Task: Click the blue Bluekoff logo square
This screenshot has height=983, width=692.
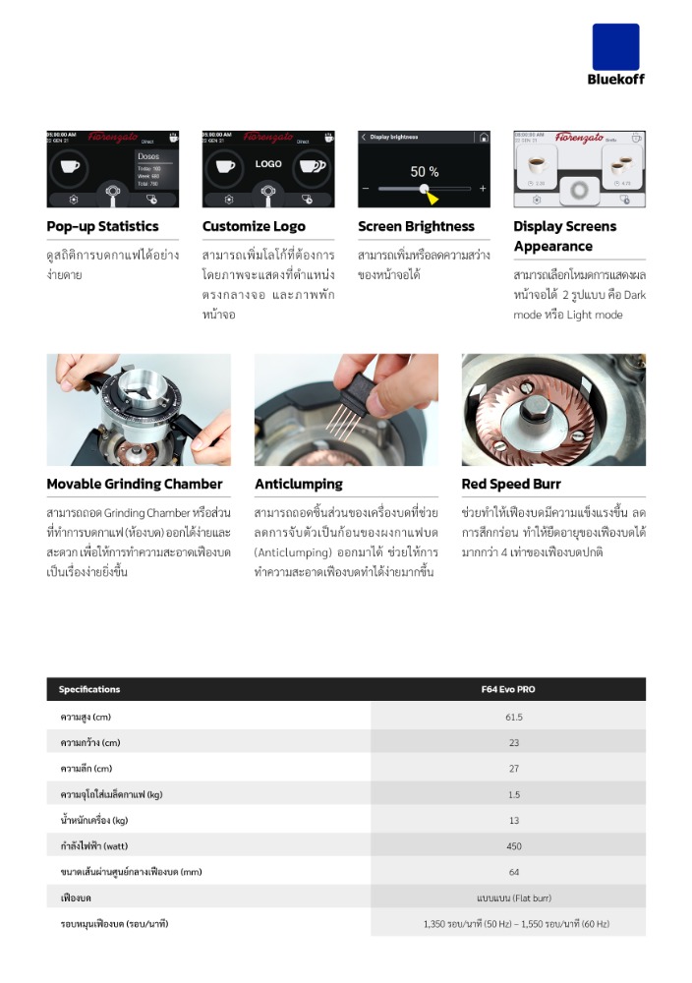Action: (x=615, y=46)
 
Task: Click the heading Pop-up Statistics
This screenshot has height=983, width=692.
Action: (x=102, y=226)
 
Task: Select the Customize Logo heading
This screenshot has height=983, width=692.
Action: (x=254, y=226)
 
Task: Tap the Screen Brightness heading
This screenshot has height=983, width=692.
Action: (x=416, y=226)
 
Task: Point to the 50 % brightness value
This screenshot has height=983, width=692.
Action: (x=424, y=171)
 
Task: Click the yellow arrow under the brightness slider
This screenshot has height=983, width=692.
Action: (x=431, y=198)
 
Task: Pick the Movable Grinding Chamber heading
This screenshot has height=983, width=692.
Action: (x=135, y=484)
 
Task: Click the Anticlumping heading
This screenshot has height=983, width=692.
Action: (x=299, y=484)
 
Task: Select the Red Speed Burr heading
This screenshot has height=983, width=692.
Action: (x=511, y=484)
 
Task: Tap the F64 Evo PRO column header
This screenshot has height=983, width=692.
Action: (x=514, y=689)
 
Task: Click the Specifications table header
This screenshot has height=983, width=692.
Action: (x=89, y=689)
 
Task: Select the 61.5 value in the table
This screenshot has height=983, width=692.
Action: (x=514, y=716)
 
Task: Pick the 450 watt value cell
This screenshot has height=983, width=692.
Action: (x=514, y=845)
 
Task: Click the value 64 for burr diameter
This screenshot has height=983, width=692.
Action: (x=514, y=872)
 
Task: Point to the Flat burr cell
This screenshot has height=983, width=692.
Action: (x=514, y=897)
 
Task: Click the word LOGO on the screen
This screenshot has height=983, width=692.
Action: (x=268, y=164)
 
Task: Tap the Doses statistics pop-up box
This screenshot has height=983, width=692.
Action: (x=154, y=170)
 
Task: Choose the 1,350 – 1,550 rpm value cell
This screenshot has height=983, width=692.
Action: (x=514, y=924)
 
